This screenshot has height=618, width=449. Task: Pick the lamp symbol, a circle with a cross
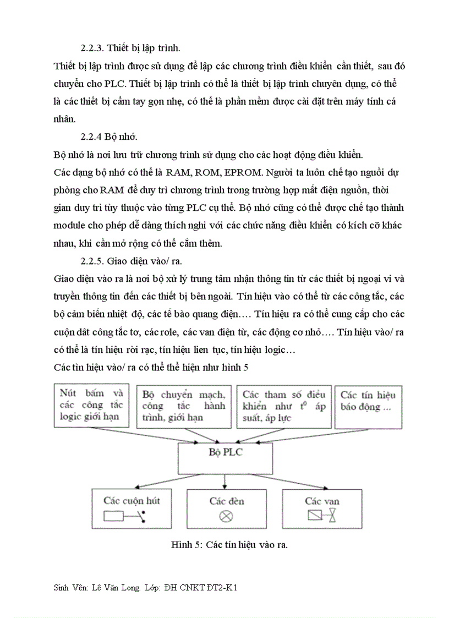click(x=226, y=516)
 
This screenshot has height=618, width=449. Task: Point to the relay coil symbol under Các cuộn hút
click(x=126, y=516)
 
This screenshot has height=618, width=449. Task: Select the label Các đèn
click(x=226, y=501)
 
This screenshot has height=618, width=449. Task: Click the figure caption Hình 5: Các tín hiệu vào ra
click(x=229, y=545)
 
